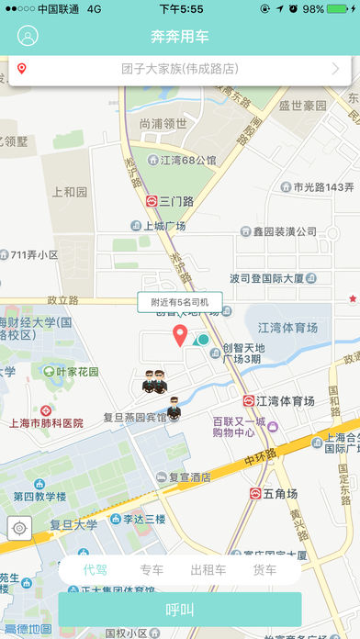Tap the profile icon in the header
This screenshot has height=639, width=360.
click(x=28, y=38)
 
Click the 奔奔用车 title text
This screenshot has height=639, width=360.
click(x=180, y=38)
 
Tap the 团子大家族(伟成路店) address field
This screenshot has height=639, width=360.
click(x=179, y=69)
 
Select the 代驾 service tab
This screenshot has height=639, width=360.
click(x=96, y=570)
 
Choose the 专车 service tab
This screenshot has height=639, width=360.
click(x=152, y=570)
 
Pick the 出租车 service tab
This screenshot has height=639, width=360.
click(x=208, y=570)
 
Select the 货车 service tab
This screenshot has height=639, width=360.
click(x=264, y=570)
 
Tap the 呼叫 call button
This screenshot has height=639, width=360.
click(x=180, y=610)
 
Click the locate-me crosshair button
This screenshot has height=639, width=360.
click(x=19, y=527)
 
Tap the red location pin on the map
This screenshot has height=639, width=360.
click(x=181, y=336)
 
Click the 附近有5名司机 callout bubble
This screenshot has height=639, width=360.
click(x=179, y=301)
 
